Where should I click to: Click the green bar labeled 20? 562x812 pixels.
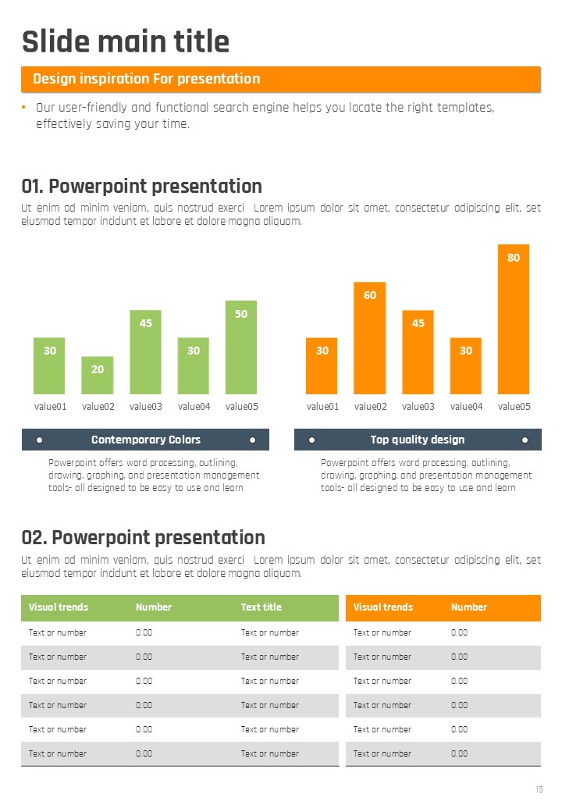(x=98, y=376)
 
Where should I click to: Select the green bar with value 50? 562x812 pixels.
(x=241, y=347)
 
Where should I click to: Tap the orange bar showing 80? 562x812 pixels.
(x=514, y=319)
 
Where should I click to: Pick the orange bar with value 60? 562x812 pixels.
(x=370, y=338)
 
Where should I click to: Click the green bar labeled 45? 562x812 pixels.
(x=145, y=352)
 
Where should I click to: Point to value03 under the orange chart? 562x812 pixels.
(x=418, y=406)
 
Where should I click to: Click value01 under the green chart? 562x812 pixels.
(x=50, y=406)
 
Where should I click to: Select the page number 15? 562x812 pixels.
(x=539, y=790)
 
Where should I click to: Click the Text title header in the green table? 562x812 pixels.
(x=261, y=607)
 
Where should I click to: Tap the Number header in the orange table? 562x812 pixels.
(x=468, y=607)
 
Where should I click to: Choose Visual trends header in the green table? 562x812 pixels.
(x=59, y=607)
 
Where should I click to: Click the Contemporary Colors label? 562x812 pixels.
(x=146, y=440)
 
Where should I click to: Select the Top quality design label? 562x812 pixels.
(x=418, y=440)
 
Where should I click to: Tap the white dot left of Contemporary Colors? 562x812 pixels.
(x=39, y=440)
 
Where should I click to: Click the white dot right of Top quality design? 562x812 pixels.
(x=525, y=440)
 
